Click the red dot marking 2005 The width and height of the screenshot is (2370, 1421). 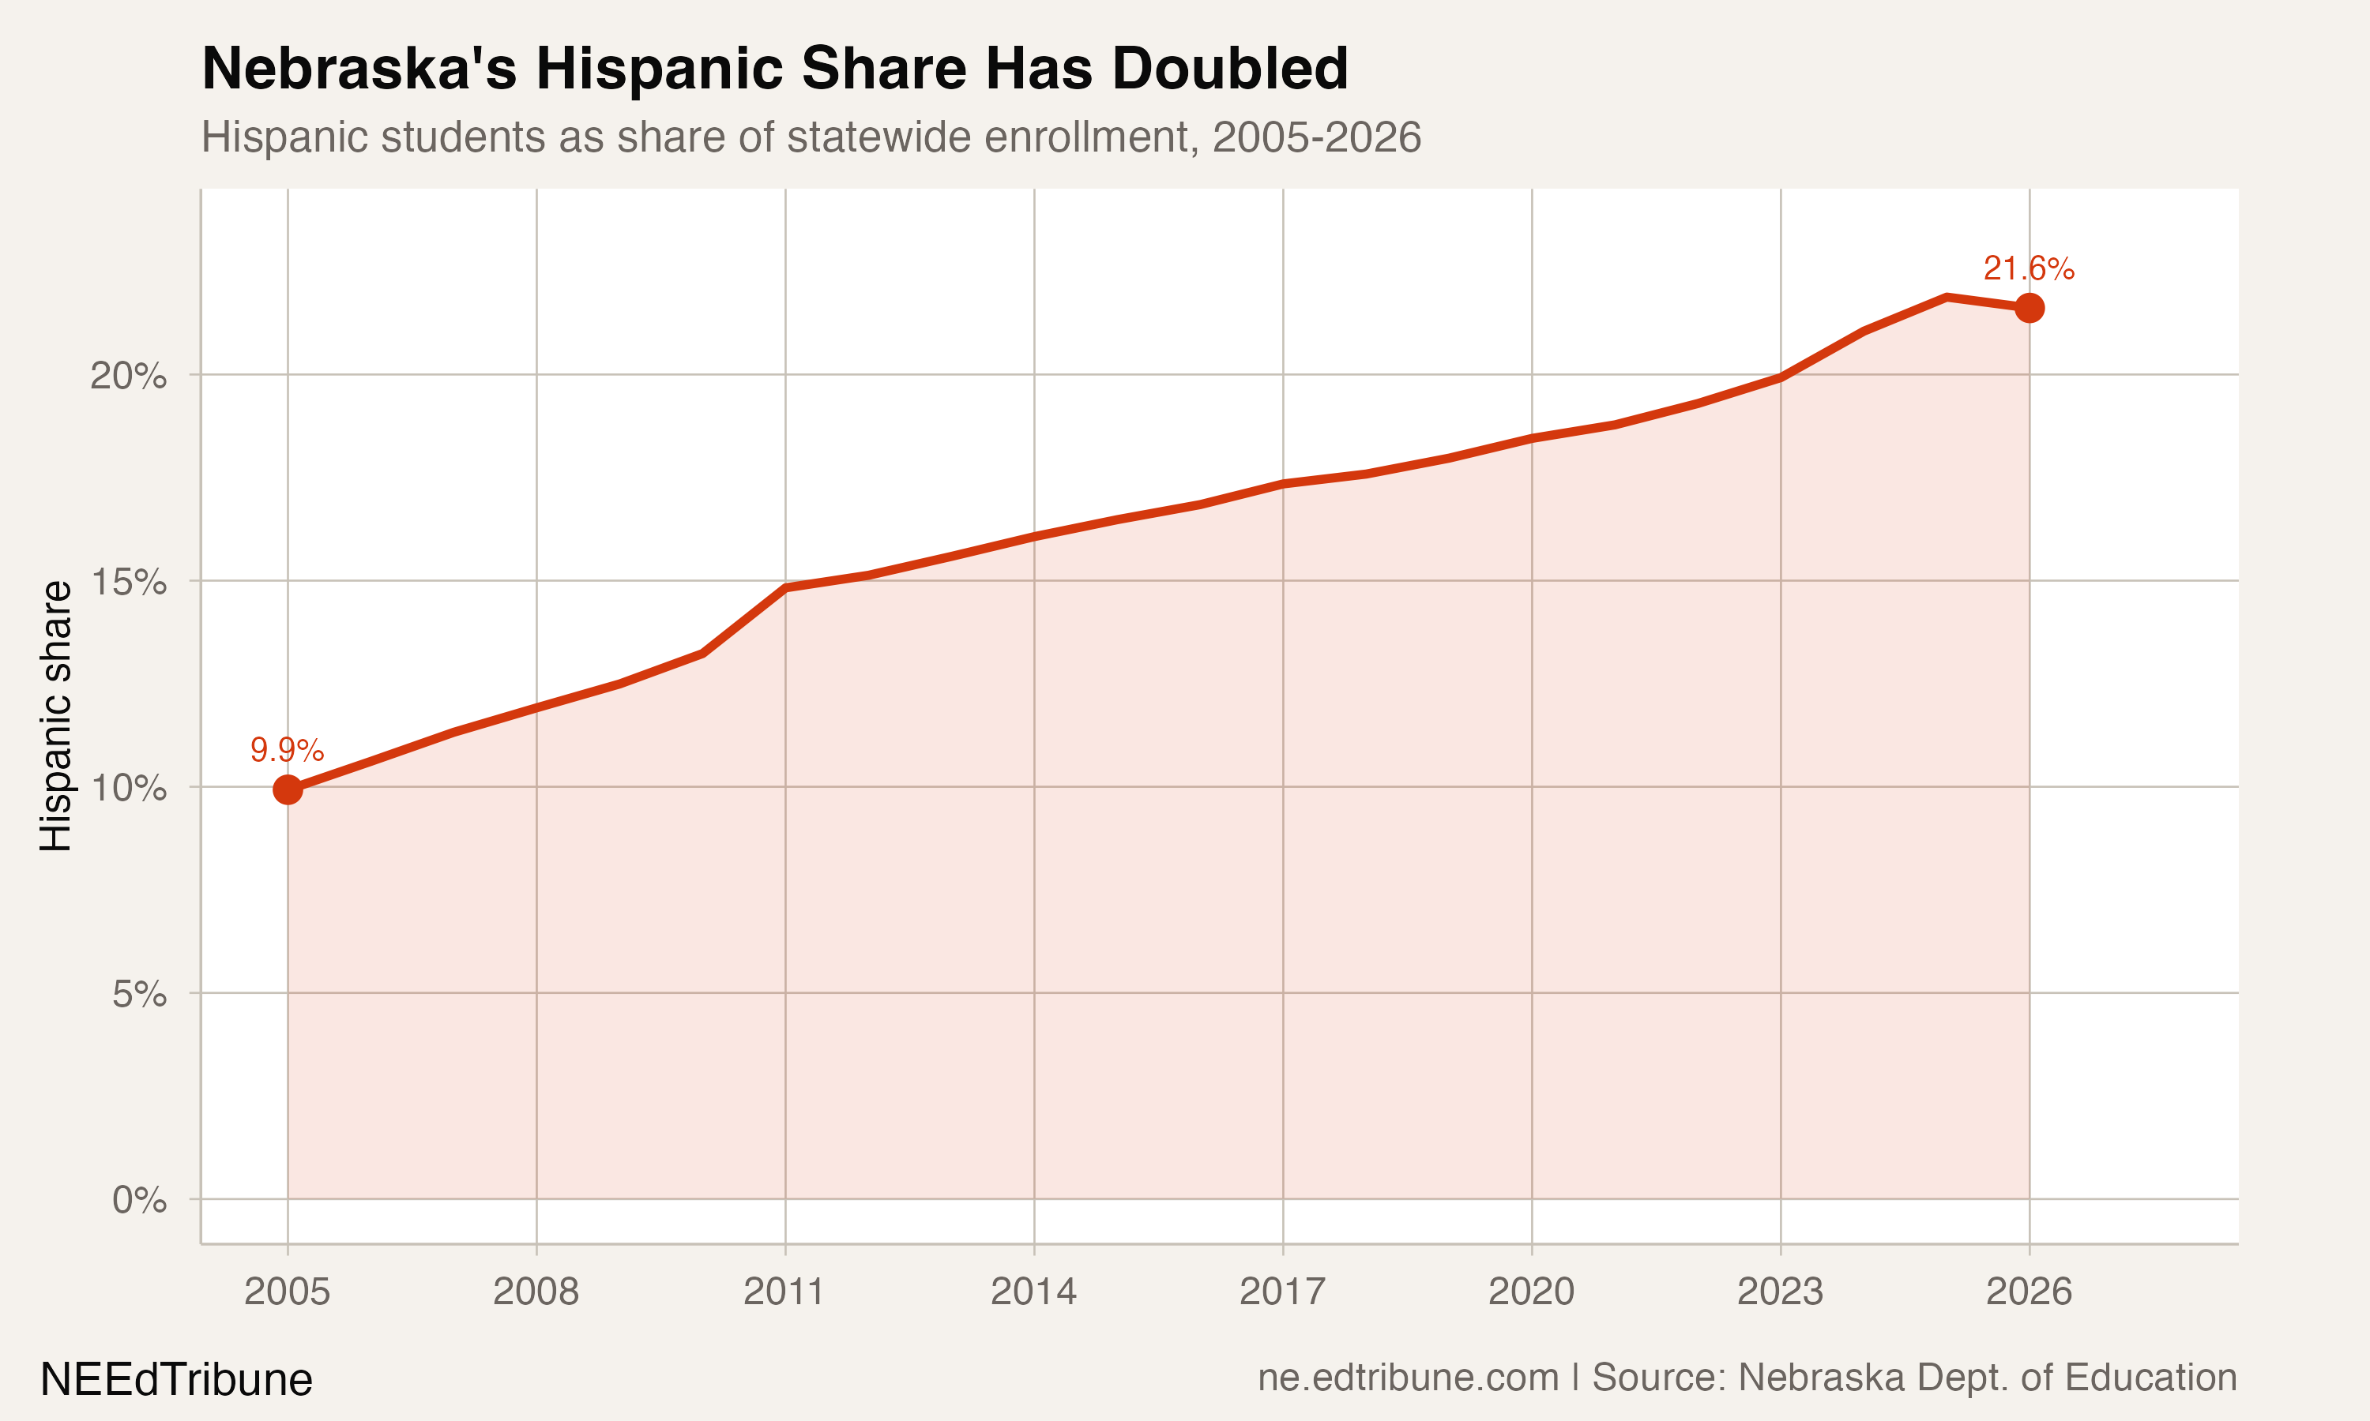tap(288, 789)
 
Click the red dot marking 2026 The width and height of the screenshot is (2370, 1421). tap(2029, 307)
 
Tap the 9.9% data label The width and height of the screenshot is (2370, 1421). tap(287, 750)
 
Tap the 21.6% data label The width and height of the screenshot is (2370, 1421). tap(2028, 269)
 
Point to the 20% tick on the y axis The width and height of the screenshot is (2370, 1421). tap(128, 375)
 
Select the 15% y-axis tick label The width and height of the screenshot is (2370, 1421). tap(128, 581)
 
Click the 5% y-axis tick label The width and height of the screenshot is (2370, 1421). tap(139, 994)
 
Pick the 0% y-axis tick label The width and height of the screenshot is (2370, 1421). tap(139, 1200)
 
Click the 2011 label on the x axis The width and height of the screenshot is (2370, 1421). tap(784, 1292)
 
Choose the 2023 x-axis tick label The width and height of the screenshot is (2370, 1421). tap(1780, 1292)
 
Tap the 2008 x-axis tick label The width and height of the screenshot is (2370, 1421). tap(536, 1292)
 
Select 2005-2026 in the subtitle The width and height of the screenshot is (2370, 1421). tap(1316, 137)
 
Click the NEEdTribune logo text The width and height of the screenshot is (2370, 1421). tap(176, 1380)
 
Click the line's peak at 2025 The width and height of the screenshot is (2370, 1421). tap(1947, 297)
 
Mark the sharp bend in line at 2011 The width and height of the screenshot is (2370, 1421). tap(785, 587)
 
